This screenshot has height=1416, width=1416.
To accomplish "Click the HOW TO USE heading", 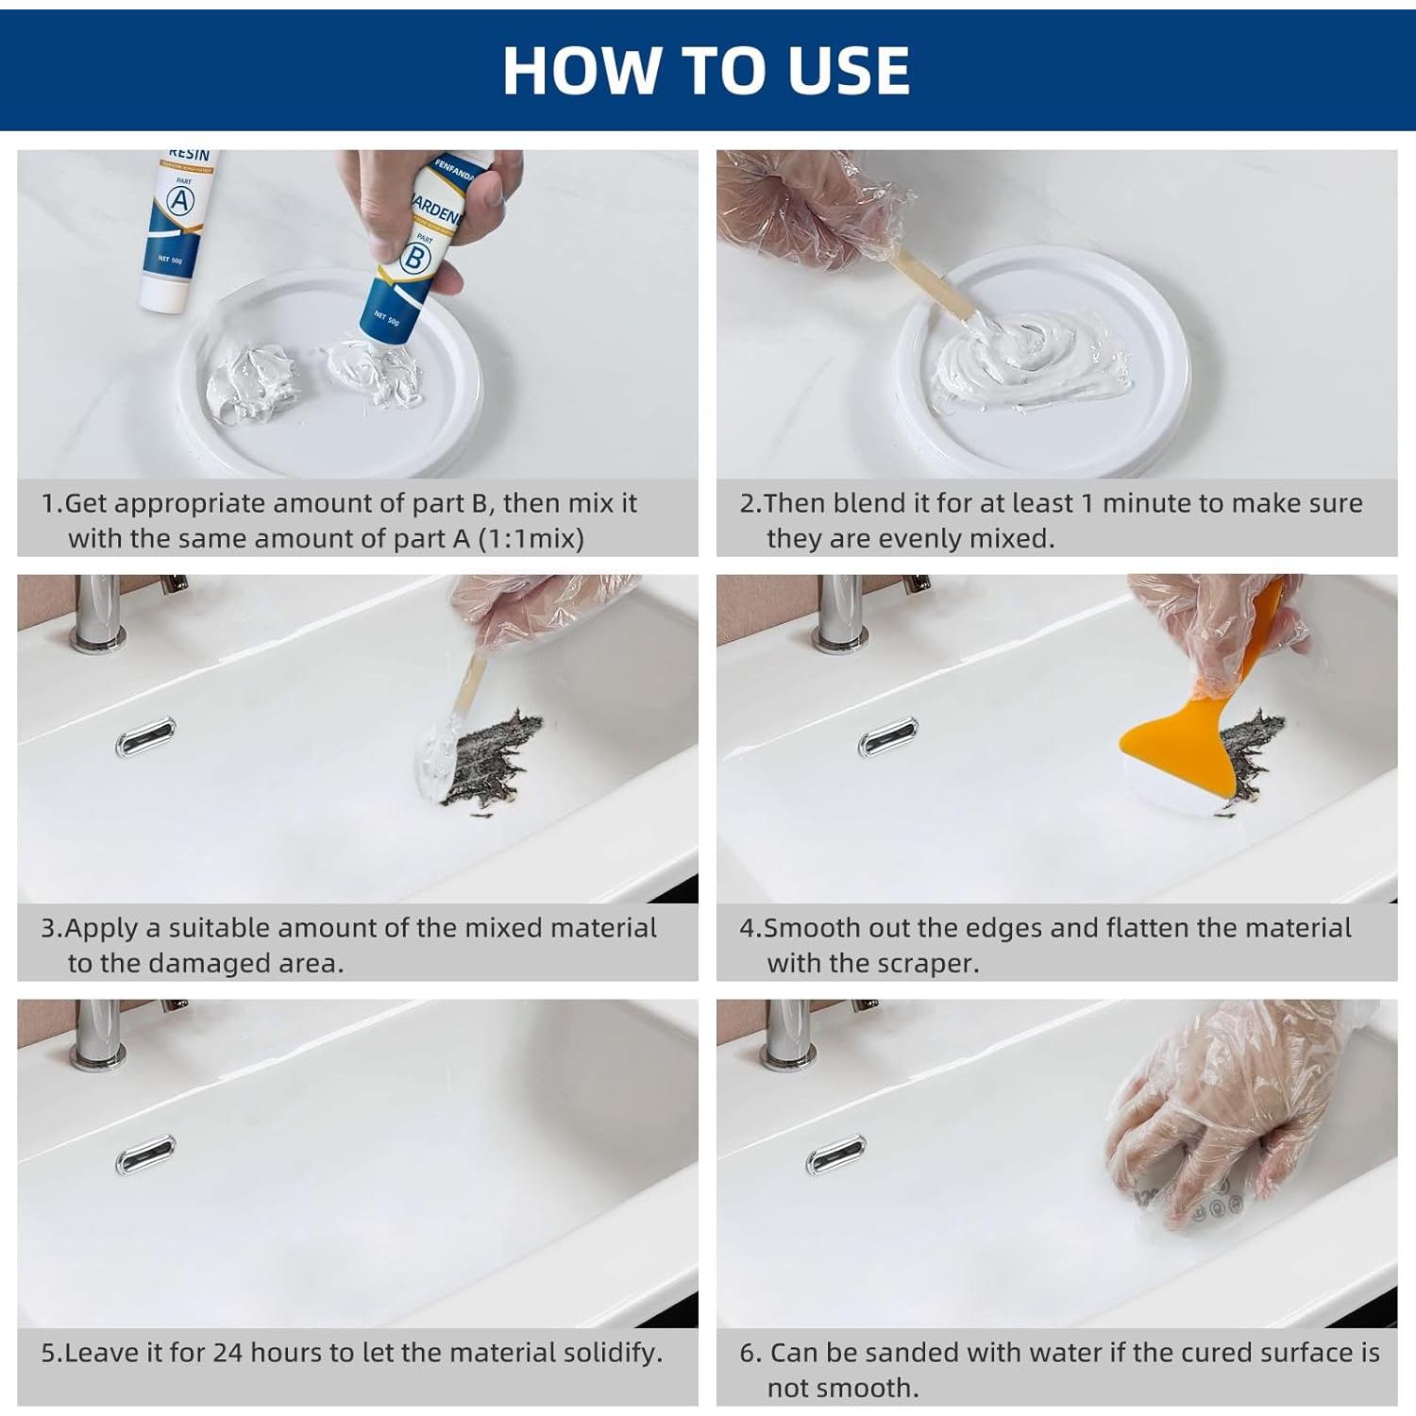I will click(x=706, y=70).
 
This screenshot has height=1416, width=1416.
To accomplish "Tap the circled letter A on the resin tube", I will click(x=179, y=201).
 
